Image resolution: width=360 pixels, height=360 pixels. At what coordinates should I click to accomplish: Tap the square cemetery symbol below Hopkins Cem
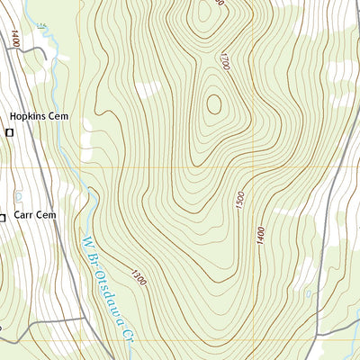point(10,133)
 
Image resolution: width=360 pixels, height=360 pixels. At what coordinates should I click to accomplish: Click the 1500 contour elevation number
point(238,202)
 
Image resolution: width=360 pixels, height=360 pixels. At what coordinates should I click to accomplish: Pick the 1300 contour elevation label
point(138,278)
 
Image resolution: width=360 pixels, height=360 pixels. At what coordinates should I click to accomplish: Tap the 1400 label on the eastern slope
point(259,238)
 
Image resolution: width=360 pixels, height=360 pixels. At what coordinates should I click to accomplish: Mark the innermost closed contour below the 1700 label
point(213,104)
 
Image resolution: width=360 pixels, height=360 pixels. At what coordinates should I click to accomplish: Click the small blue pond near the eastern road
point(308,293)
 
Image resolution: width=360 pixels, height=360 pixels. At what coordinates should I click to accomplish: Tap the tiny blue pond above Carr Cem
point(17,194)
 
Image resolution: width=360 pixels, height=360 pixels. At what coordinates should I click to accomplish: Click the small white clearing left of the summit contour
point(149,88)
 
